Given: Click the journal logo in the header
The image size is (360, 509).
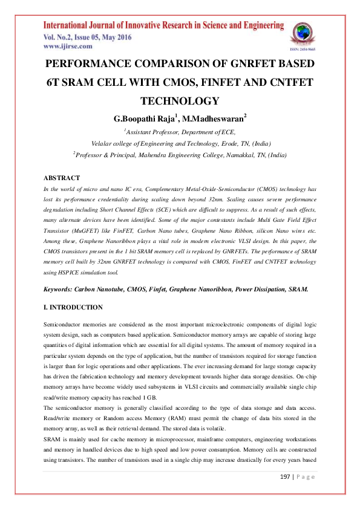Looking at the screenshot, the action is [x=303, y=33].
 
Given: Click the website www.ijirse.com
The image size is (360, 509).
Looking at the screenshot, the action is [x=68, y=46].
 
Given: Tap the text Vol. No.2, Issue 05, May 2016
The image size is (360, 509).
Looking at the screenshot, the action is [x=87, y=37].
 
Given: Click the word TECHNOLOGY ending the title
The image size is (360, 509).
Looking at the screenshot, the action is [x=179, y=101].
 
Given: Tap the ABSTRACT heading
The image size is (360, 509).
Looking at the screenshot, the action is [x=62, y=178].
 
